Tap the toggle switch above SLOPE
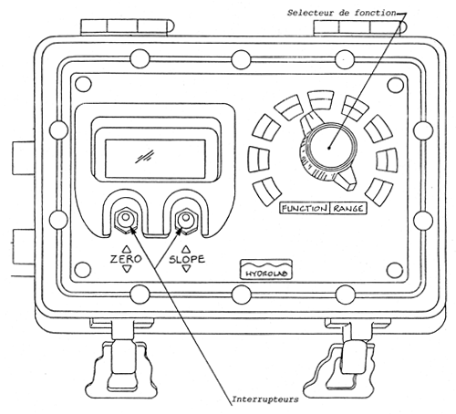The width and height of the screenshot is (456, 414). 187,219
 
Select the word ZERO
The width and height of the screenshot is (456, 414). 125,259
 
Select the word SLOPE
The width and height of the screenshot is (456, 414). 186,259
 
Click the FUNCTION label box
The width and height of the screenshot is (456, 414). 303,208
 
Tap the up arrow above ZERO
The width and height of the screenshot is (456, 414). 125,247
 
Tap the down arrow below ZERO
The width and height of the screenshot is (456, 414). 125,271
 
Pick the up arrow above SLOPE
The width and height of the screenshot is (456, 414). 186,247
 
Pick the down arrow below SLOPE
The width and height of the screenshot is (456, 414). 186,271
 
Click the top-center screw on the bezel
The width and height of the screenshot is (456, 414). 240,59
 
